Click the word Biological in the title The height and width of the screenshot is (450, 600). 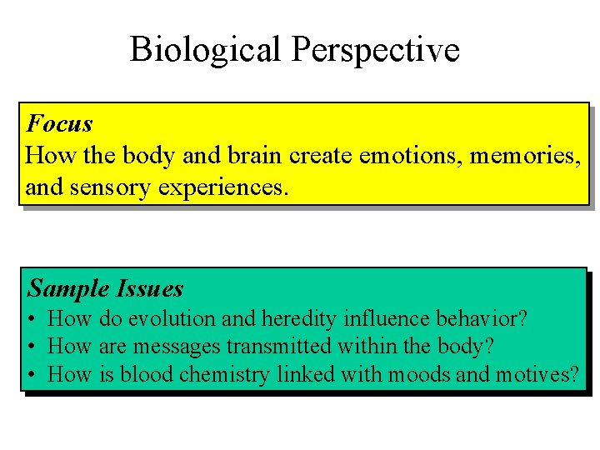click(206, 50)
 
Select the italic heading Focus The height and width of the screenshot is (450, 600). click(59, 124)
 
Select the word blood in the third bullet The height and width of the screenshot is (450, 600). click(143, 375)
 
